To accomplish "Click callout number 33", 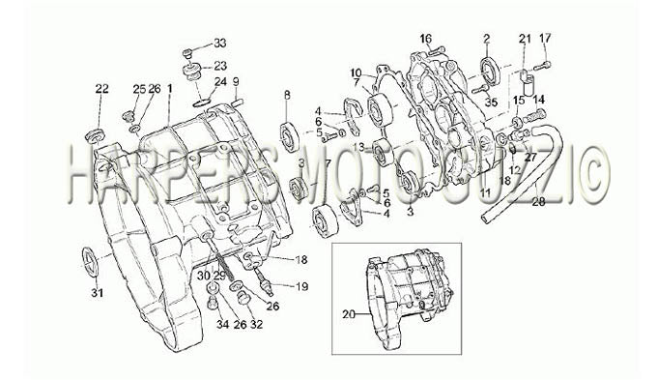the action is (220, 43).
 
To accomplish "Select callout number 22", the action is (101, 89).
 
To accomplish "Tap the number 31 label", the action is (98, 293).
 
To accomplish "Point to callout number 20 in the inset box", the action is (349, 313).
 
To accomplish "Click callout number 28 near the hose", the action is (538, 202).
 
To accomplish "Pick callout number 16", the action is (426, 39).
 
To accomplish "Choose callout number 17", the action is (545, 38).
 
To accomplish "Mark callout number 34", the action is (223, 324).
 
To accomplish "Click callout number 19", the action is (301, 286).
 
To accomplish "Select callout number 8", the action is (287, 95).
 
